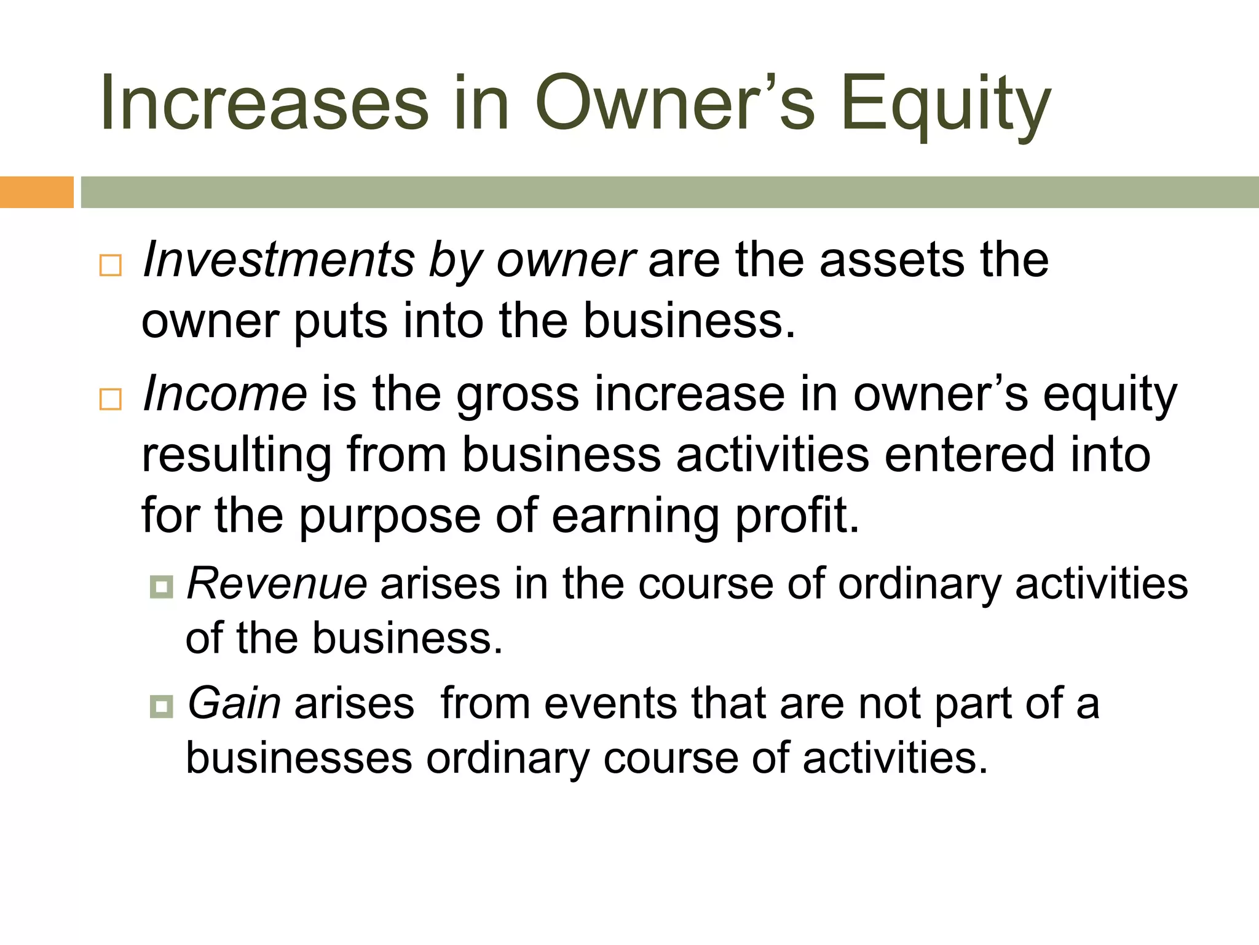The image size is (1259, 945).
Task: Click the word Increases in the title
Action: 264,103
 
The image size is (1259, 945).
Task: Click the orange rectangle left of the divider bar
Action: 36,192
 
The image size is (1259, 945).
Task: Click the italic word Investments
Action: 278,260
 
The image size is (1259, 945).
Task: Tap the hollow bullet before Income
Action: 111,399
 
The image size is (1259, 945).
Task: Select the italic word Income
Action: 224,394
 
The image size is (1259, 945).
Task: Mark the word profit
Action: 797,516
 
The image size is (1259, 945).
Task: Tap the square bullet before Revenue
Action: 161,587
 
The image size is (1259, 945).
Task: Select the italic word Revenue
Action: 277,583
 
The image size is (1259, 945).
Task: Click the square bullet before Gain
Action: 161,706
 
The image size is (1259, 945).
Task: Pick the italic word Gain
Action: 234,703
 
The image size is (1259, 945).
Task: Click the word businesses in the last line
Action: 299,758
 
